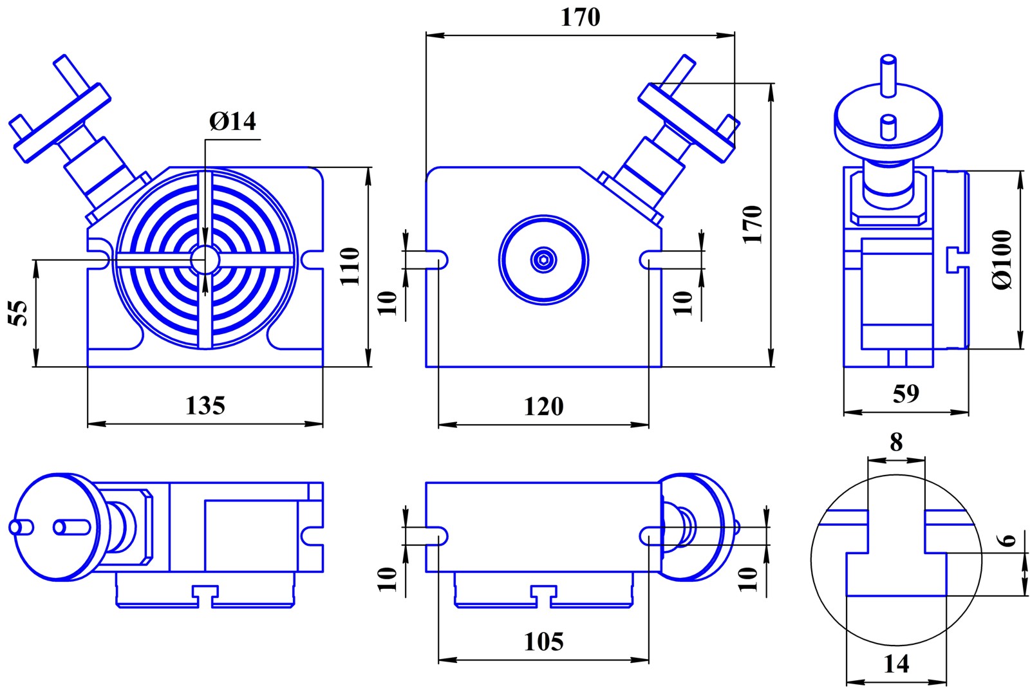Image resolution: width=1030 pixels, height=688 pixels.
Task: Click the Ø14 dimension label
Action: [x=232, y=122]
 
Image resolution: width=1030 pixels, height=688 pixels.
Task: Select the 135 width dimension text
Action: [x=205, y=405]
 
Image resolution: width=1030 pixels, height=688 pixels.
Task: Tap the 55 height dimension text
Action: [x=18, y=313]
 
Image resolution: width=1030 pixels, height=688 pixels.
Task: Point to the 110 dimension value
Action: [x=350, y=266]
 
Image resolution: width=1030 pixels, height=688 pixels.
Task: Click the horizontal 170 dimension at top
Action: [x=580, y=17]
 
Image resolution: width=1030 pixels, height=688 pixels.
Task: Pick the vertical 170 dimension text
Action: [x=753, y=225]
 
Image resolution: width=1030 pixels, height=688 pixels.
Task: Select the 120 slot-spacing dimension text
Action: [x=543, y=406]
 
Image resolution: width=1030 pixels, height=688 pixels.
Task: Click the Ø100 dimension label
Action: [x=1002, y=260]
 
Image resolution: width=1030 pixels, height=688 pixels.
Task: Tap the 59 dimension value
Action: [x=906, y=393]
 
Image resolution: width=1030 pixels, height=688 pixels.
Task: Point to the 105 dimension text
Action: [x=543, y=642]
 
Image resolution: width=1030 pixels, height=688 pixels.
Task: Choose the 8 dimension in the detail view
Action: [x=896, y=442]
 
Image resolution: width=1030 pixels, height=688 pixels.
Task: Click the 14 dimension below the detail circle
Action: [x=896, y=664]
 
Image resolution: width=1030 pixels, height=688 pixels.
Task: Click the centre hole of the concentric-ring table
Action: [x=205, y=259]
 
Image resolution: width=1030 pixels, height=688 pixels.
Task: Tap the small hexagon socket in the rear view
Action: [x=544, y=260]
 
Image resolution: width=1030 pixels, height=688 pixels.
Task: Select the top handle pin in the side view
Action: [x=888, y=76]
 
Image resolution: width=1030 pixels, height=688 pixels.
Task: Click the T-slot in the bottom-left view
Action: [x=205, y=595]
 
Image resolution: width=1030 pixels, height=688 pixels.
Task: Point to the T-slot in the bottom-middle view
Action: [x=543, y=595]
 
